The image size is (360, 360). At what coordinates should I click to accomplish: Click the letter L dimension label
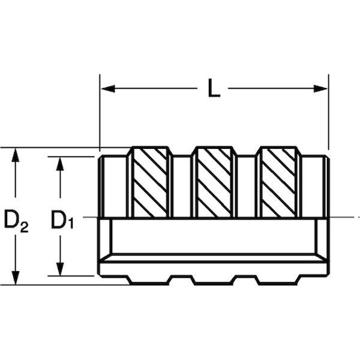(x=214, y=88)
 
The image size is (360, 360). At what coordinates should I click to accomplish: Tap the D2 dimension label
(x=16, y=220)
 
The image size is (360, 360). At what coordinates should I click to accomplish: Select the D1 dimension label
(x=62, y=220)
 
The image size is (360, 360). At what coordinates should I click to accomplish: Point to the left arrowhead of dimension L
(x=108, y=88)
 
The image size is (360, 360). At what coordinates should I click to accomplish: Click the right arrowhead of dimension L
(x=320, y=88)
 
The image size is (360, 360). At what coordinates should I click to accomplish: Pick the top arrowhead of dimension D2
(x=16, y=155)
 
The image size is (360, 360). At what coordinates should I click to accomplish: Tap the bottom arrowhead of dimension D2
(x=16, y=278)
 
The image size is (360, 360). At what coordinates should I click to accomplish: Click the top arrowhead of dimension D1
(x=60, y=164)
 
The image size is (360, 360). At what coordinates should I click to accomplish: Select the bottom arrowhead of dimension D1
(x=60, y=269)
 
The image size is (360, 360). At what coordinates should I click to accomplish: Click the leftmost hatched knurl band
(x=150, y=182)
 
